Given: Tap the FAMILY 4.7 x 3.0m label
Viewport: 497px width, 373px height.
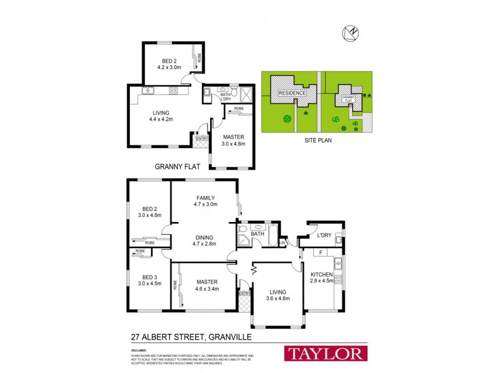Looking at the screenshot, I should tap(204, 201).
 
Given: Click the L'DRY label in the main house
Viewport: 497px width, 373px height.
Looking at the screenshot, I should tap(324, 236).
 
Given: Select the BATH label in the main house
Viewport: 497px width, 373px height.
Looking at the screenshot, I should tap(267, 234).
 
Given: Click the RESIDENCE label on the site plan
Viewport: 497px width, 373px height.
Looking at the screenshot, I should tap(292, 93).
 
